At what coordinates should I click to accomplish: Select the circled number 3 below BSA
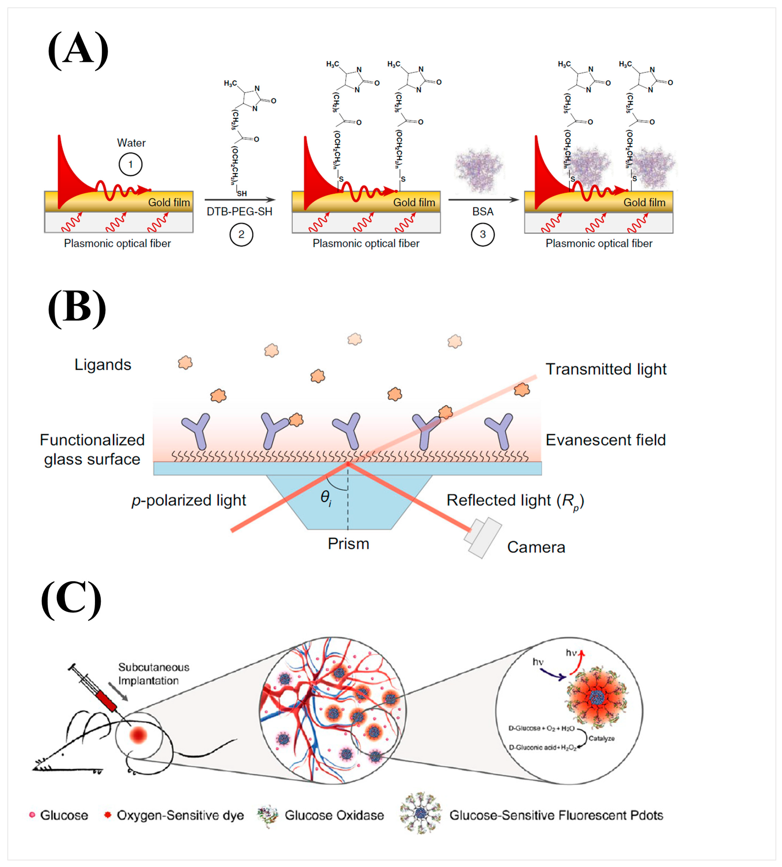point(483,235)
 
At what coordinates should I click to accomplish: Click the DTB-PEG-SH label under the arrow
point(239,212)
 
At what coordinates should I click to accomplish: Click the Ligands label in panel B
point(103,365)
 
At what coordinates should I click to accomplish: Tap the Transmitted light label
point(606,369)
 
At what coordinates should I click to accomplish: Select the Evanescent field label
point(605,440)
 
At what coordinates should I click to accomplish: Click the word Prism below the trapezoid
point(349,544)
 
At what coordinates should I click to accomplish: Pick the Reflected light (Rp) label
point(515,501)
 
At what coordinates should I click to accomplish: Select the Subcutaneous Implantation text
point(153,674)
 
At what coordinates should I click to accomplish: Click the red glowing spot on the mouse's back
point(138,735)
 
